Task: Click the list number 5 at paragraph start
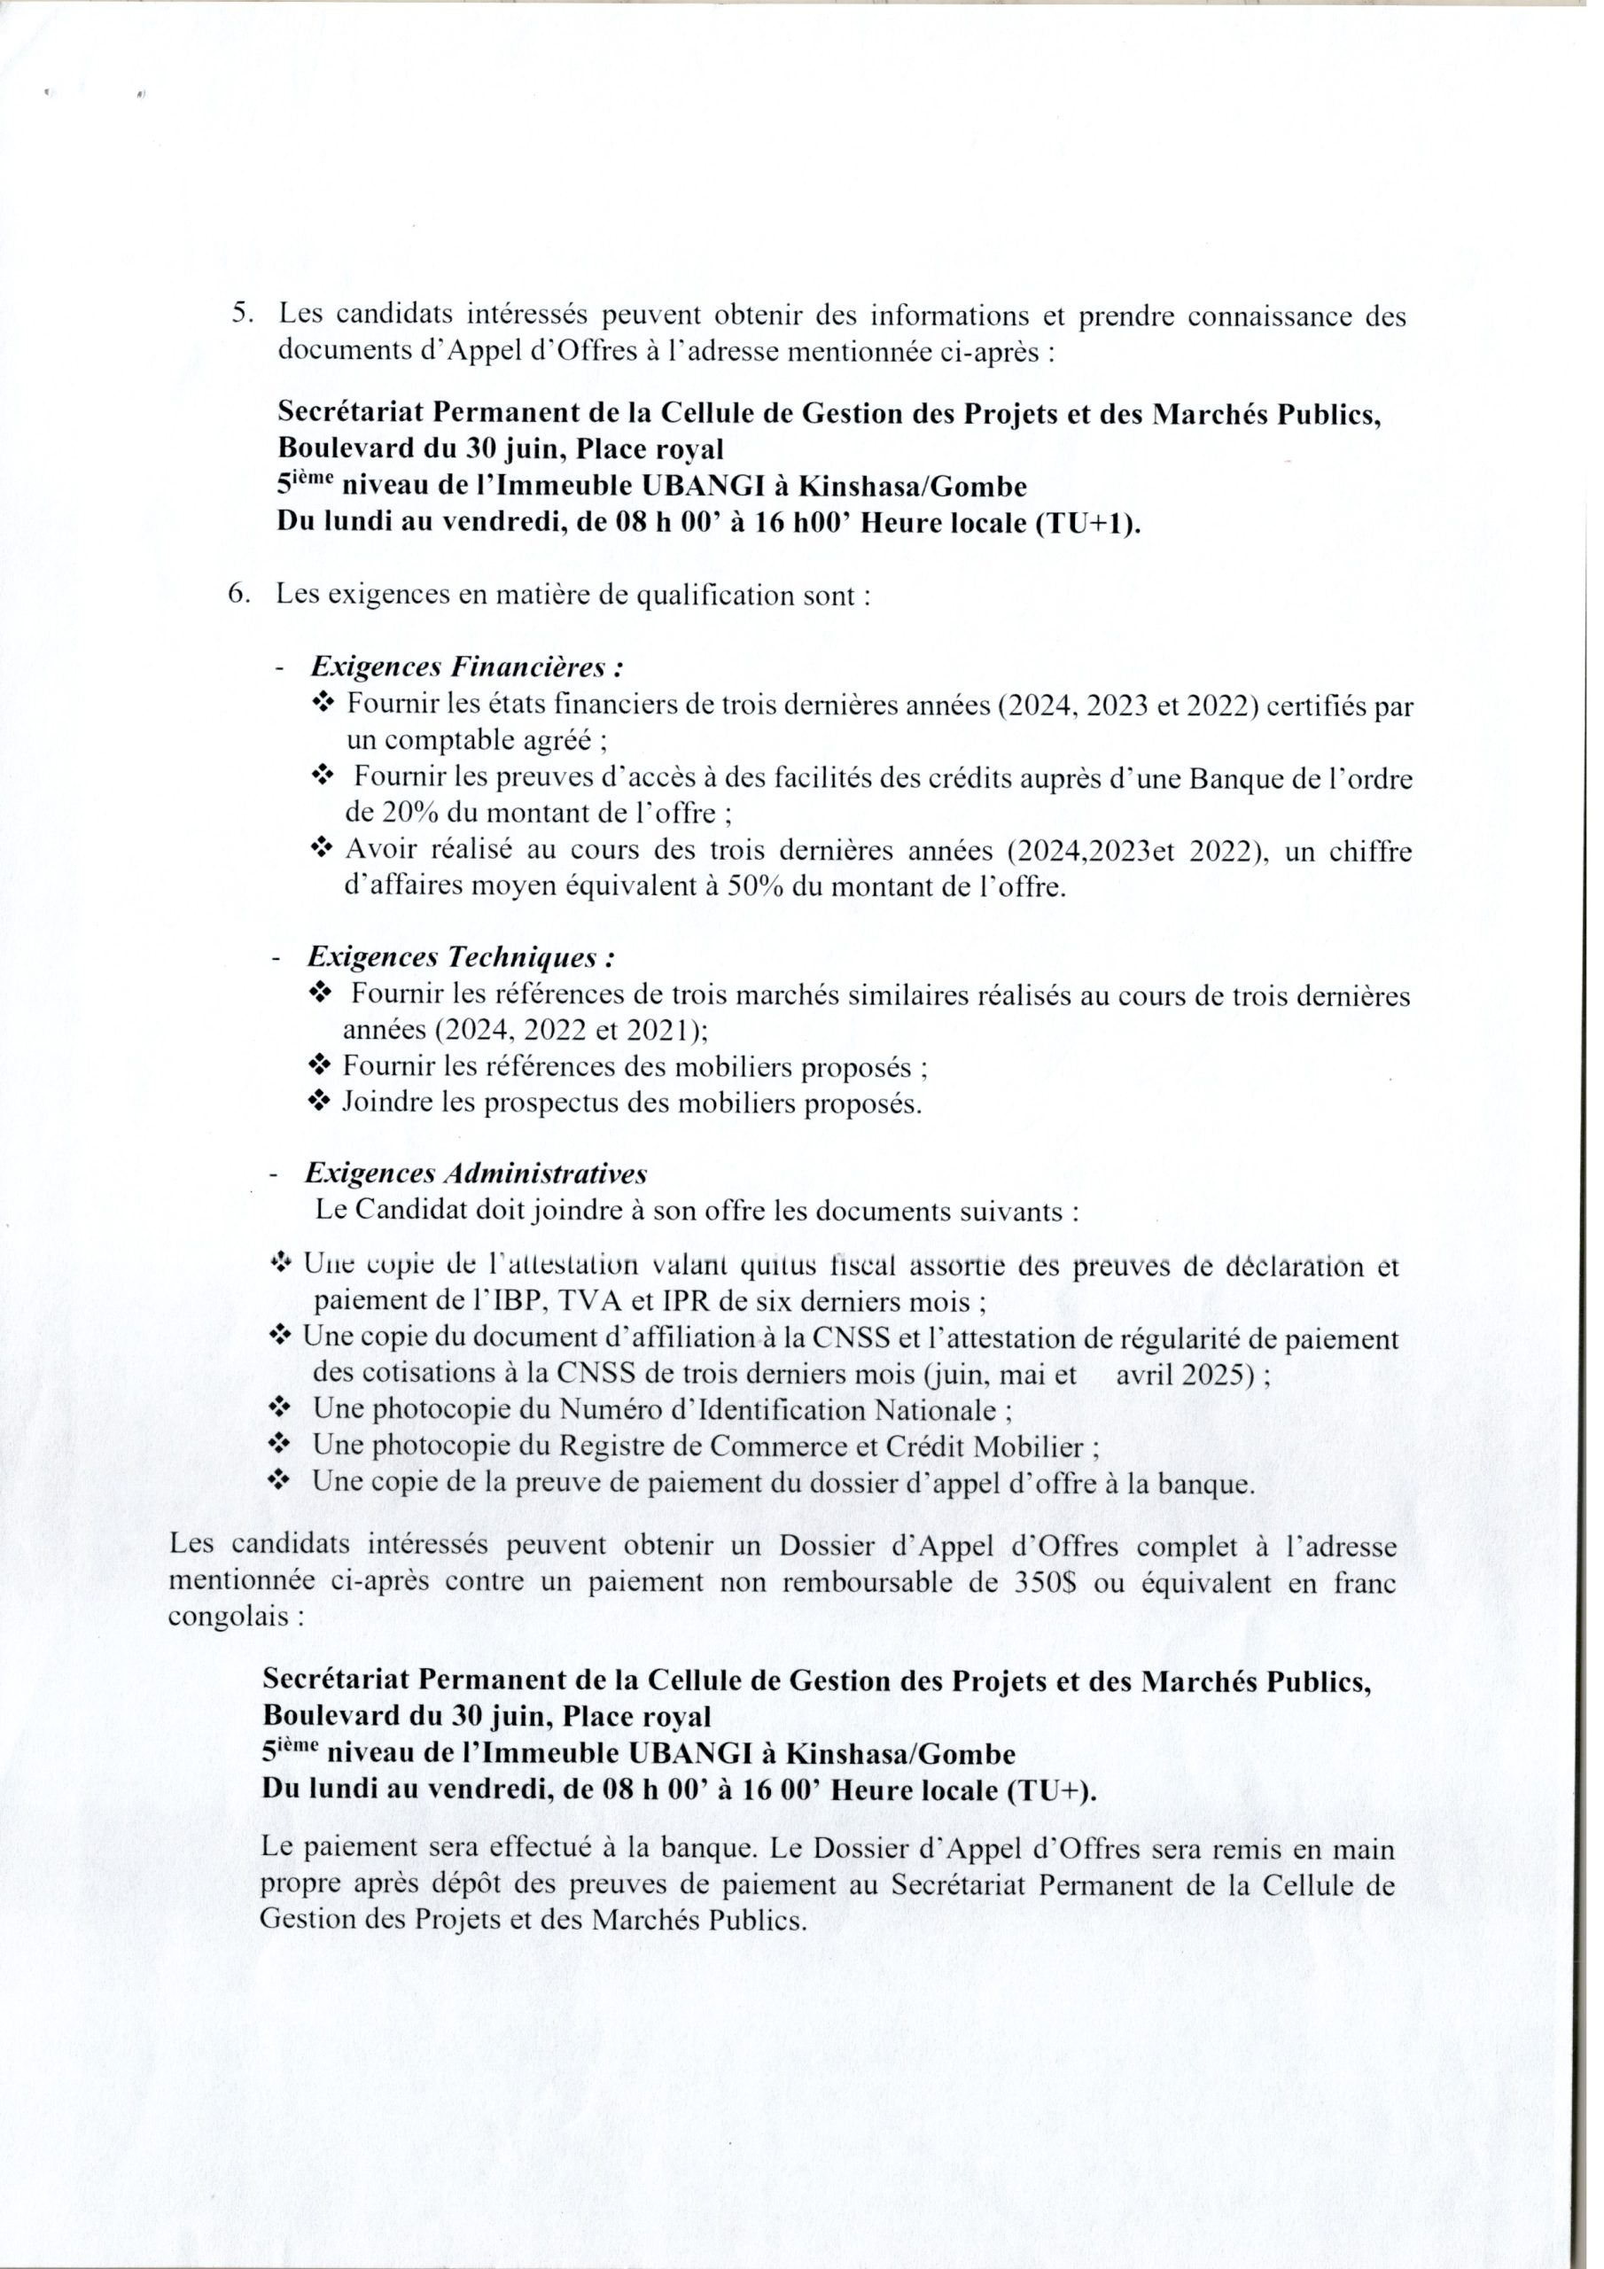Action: pyautogui.click(x=242, y=316)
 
